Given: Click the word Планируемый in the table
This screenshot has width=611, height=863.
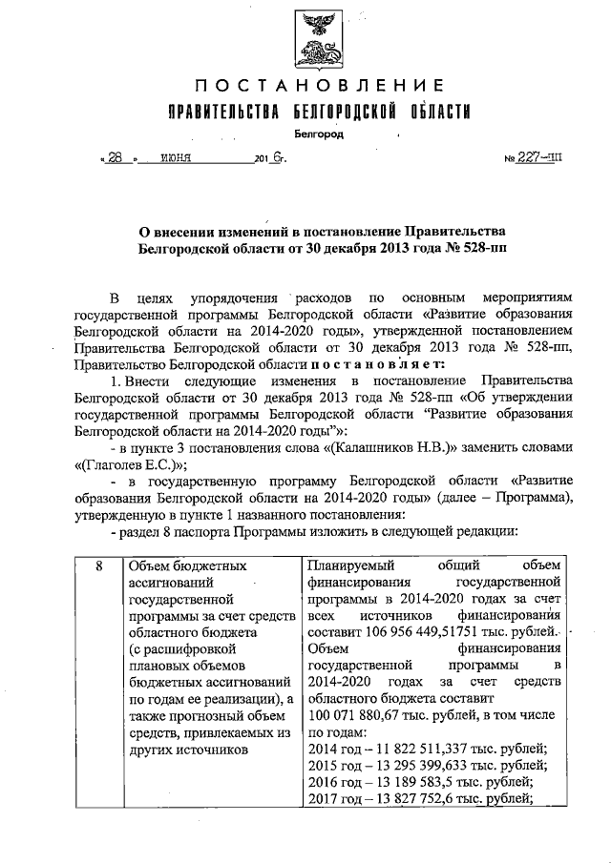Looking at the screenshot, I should (x=344, y=566).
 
